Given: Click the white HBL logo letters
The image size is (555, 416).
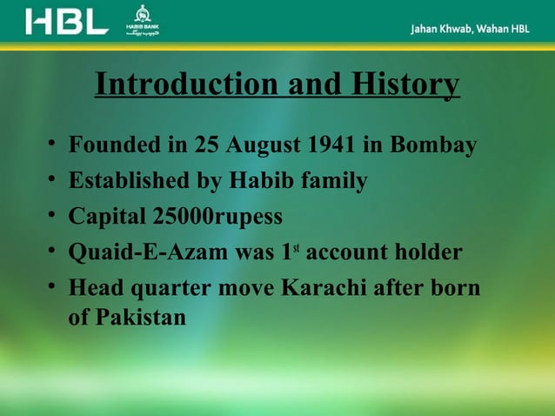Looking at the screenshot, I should coord(67,22).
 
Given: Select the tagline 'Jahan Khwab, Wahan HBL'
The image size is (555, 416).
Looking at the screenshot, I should coord(470,29).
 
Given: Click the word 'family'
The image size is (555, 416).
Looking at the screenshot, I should coord(334,181).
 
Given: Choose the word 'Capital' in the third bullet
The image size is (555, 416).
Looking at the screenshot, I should coord(104,217).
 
